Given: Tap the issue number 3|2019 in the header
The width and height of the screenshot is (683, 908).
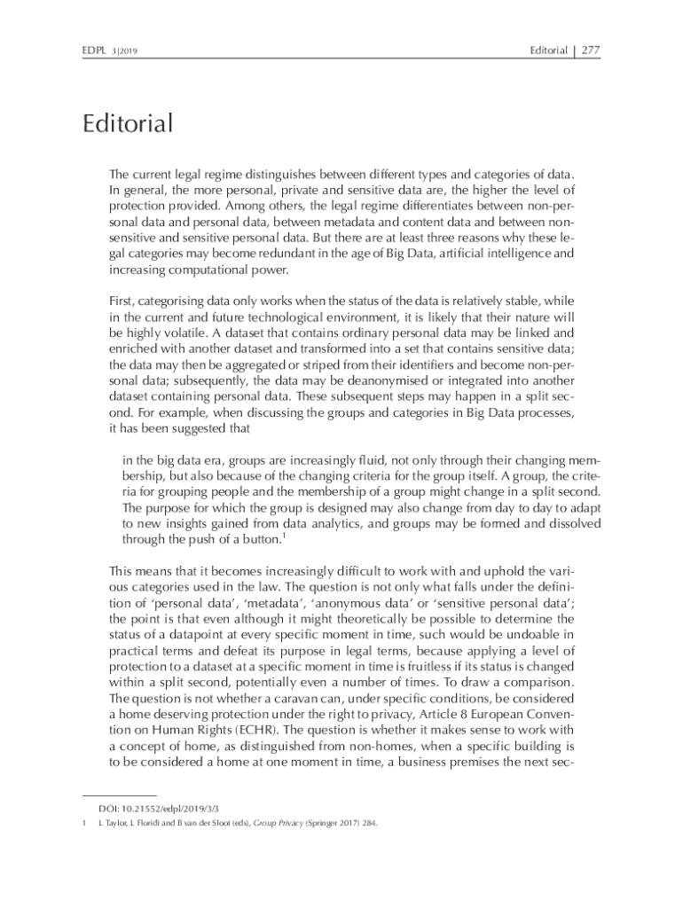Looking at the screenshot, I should pyautogui.click(x=130, y=51).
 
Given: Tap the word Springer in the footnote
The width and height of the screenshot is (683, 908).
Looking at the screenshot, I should pyautogui.click(x=335, y=824).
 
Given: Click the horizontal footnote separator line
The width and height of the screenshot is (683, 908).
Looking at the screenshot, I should pyautogui.click(x=119, y=795).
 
